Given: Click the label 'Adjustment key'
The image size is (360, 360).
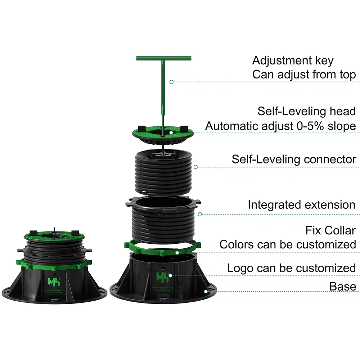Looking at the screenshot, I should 293,60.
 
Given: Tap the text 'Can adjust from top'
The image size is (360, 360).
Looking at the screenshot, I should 304,75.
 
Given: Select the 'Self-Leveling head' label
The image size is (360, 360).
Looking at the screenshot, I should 306,111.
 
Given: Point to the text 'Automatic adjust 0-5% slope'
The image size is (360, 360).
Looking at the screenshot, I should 280,126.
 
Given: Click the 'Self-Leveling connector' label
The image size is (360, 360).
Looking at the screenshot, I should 294,159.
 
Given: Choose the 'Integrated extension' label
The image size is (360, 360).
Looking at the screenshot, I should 301,205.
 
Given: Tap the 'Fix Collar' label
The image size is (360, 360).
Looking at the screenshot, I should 330,230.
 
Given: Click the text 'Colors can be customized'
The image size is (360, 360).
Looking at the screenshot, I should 288,244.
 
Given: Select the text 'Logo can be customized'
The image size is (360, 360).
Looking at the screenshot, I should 291,268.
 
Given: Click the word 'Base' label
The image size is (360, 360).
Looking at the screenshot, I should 342,286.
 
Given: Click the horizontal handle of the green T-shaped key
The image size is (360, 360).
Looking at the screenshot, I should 164,58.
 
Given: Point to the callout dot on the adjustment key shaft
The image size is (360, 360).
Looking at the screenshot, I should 171,82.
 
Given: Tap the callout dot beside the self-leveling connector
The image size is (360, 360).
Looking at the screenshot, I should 195,167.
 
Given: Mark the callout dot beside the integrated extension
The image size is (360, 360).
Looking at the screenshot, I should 200,214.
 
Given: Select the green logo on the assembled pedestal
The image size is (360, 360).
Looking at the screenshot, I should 53,280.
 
